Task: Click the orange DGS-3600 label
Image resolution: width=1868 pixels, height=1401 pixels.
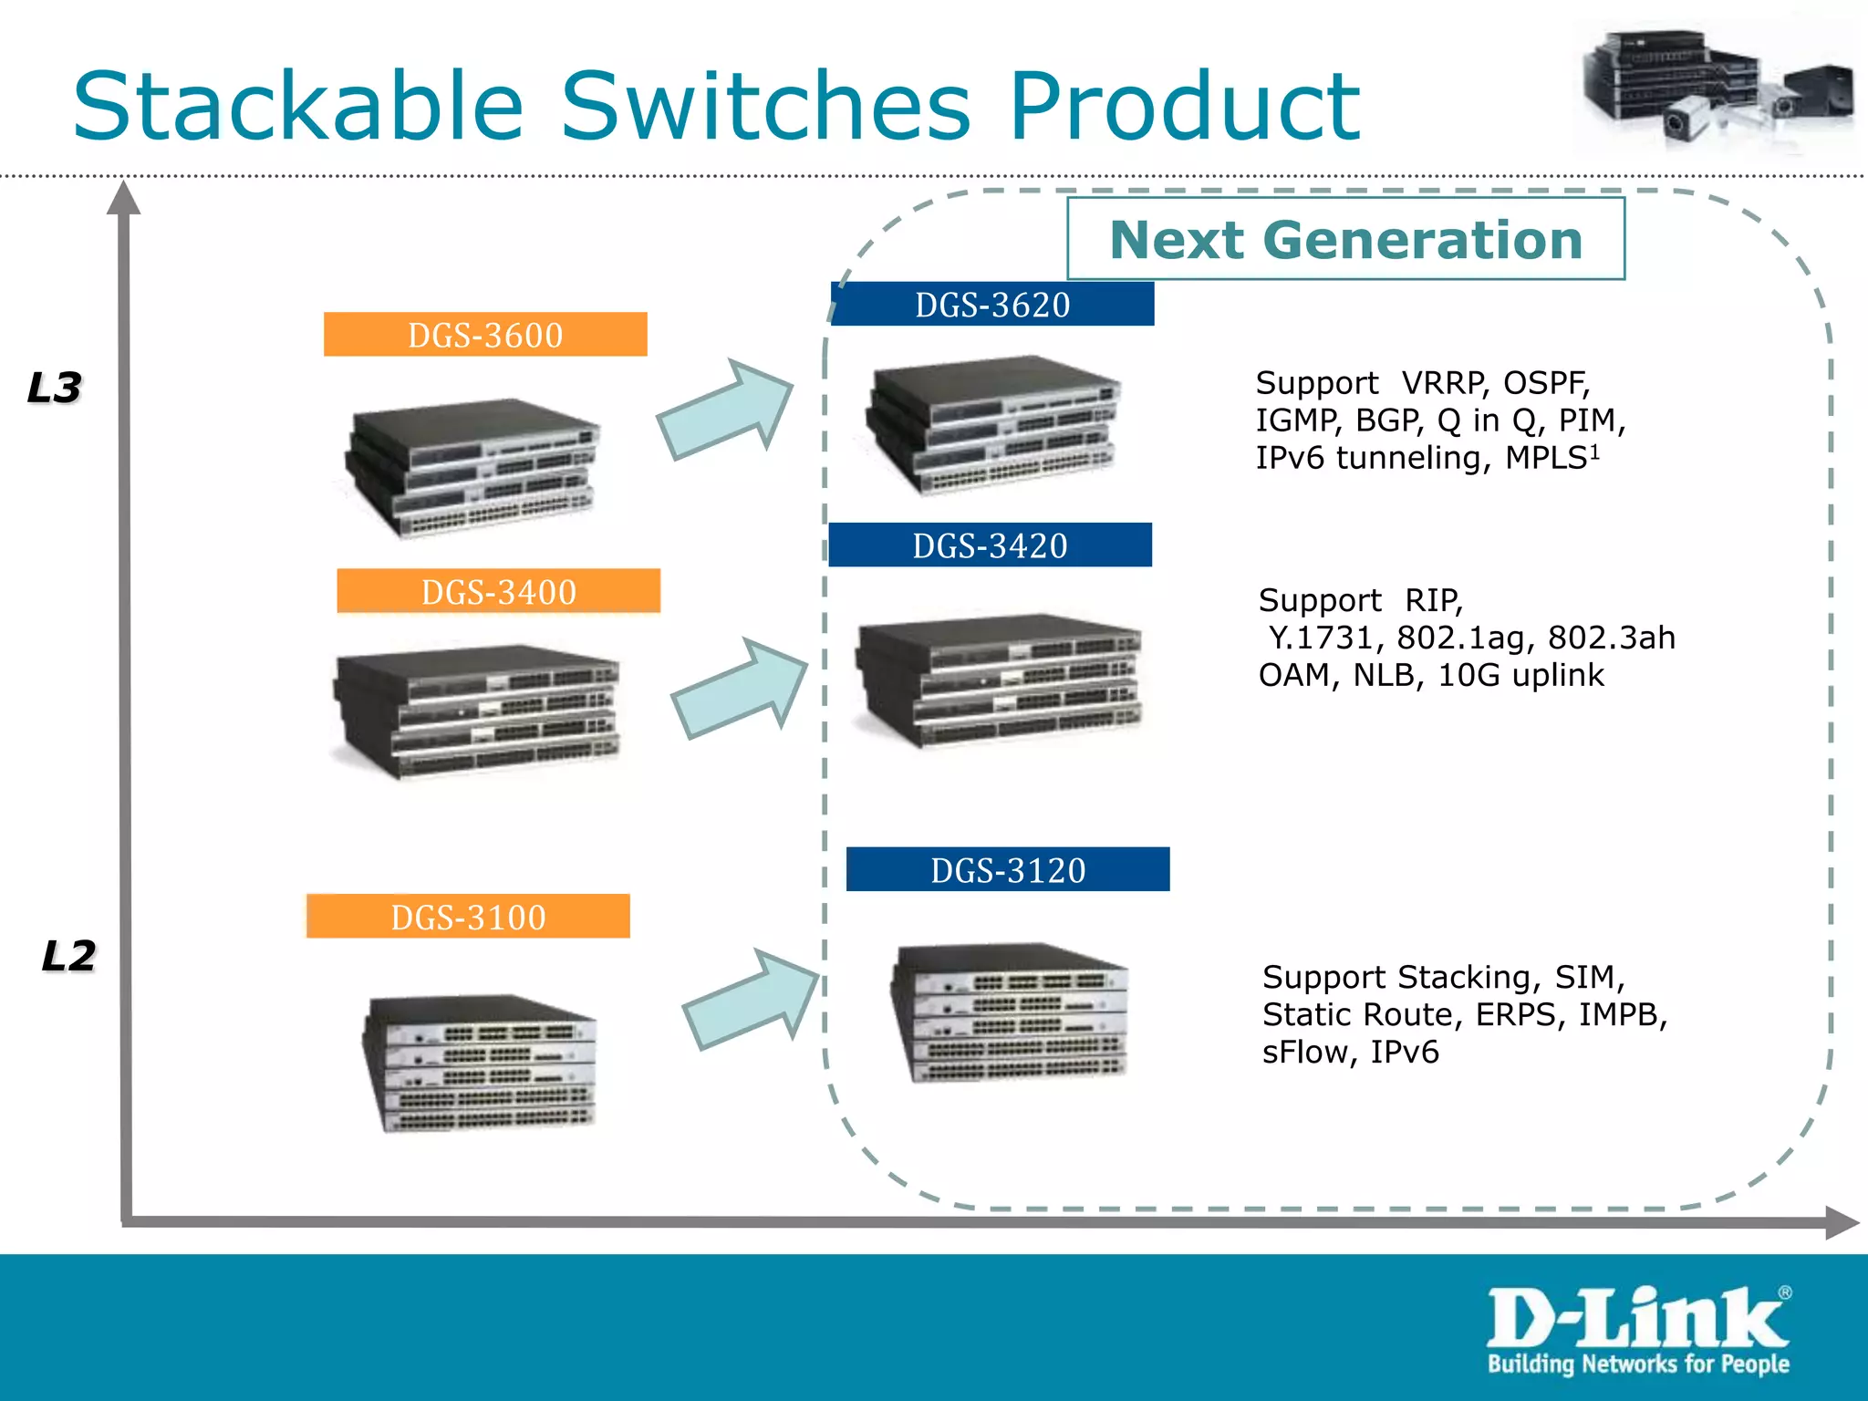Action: click(485, 335)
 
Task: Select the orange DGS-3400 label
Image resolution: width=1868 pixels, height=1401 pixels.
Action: click(498, 591)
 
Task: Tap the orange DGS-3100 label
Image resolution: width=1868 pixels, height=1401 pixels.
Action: click(468, 916)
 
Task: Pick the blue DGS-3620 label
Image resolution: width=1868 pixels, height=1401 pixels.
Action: click(992, 305)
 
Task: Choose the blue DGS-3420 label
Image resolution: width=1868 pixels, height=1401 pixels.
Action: click(990, 545)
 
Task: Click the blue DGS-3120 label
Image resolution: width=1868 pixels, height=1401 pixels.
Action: click(1008, 869)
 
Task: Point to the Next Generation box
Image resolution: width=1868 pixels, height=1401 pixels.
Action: click(1345, 239)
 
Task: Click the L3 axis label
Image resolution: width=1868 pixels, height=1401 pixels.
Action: click(55, 388)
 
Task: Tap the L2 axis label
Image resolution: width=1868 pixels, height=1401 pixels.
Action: click(68, 956)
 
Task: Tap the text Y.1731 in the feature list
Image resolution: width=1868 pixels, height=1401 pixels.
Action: click(1321, 638)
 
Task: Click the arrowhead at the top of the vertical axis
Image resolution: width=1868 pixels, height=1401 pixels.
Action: click(123, 198)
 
